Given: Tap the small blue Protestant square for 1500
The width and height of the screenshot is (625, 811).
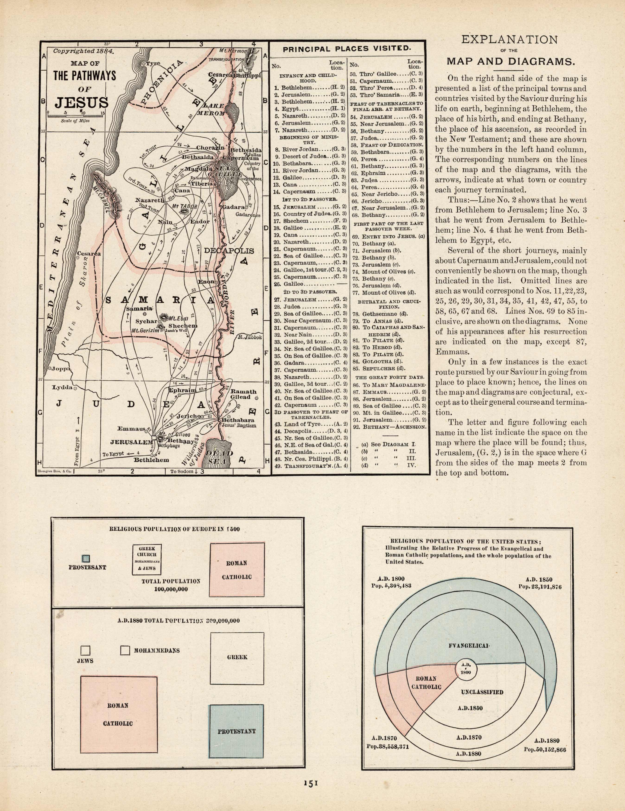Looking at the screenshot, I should [x=86, y=558].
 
